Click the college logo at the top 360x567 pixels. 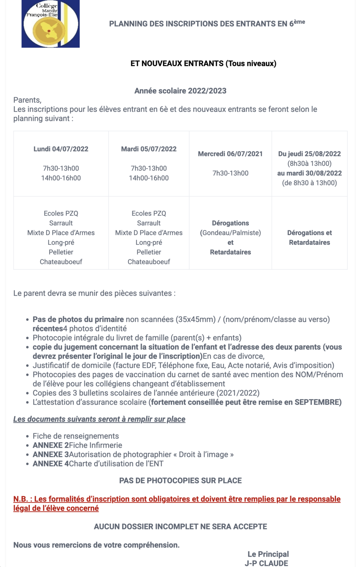pyautogui.click(x=51, y=24)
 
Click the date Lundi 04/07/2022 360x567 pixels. pyautogui.click(x=61, y=149)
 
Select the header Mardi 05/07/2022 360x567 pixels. pyautogui.click(x=149, y=149)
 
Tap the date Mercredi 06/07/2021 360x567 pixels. pyautogui.click(x=230, y=154)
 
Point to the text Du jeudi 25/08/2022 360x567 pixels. pyautogui.click(x=309, y=154)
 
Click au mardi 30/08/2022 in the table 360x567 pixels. pyautogui.click(x=309, y=173)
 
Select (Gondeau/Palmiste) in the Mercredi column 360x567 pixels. pyautogui.click(x=230, y=233)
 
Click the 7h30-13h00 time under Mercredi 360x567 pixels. pyautogui.click(x=230, y=173)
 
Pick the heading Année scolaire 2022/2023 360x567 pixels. pyautogui.click(x=180, y=91)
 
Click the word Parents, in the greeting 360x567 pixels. pyautogui.click(x=27, y=100)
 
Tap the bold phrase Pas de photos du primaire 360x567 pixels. pyautogui.click(x=78, y=319)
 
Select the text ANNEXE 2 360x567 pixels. pyautogui.click(x=51, y=446)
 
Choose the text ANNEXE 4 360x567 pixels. pyautogui.click(x=51, y=464)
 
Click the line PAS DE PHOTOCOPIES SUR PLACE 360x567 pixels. pyautogui.click(x=180, y=481)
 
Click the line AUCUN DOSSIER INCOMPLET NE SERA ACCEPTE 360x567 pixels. pyautogui.click(x=180, y=527)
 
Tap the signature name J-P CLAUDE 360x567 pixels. pyautogui.click(x=266, y=563)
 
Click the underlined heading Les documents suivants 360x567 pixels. pyautogui.click(x=99, y=419)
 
